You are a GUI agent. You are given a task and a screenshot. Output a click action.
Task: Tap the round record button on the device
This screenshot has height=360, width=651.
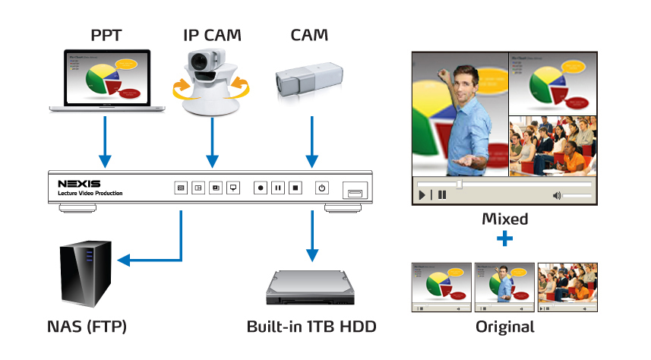tap(261, 187)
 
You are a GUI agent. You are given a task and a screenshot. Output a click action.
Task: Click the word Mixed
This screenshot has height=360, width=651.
tap(505, 219)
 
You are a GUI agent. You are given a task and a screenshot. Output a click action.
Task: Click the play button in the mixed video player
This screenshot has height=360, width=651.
tap(422, 195)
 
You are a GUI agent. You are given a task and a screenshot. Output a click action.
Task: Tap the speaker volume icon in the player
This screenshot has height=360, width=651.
tap(557, 195)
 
